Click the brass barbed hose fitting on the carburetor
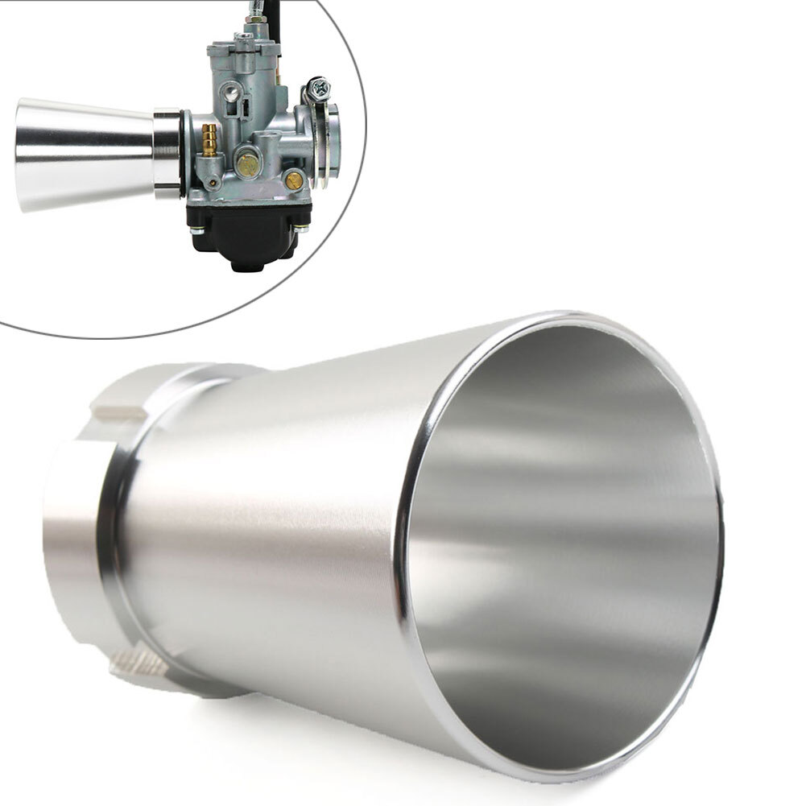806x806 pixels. coord(209,139)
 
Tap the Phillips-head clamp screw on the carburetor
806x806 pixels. coord(317,85)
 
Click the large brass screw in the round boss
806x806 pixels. coord(247,165)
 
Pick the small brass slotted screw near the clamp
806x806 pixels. coord(295,180)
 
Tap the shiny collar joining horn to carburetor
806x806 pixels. coord(167,154)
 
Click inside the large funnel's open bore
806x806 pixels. coord(564,548)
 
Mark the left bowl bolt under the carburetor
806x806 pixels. coord(196,229)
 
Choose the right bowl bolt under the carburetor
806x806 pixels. coord(300,229)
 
